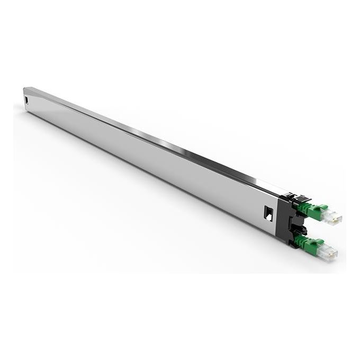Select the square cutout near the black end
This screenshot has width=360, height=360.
[x=268, y=213]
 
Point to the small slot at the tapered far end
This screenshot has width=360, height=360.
[x=26, y=100]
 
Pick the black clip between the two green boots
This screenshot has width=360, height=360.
[x=300, y=229]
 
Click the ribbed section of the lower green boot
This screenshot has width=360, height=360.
[x=302, y=241]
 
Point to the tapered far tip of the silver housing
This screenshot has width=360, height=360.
[x=25, y=91]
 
